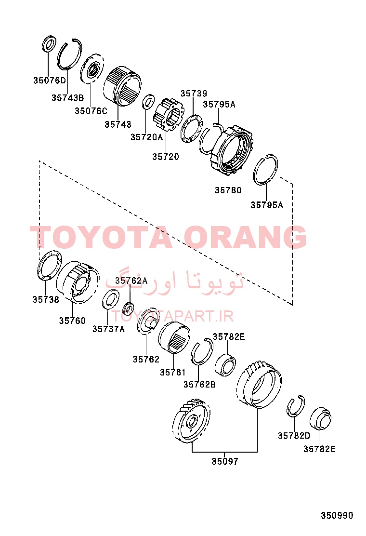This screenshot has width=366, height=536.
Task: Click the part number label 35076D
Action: pyautogui.click(x=50, y=80)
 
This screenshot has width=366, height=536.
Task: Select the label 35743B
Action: pyautogui.click(x=67, y=97)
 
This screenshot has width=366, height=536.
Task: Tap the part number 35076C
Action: pyautogui.click(x=91, y=111)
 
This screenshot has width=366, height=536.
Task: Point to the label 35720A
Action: pyautogui.click(x=147, y=137)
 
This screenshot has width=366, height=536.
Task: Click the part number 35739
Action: pyautogui.click(x=194, y=94)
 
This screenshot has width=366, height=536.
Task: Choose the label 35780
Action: pyautogui.click(x=228, y=190)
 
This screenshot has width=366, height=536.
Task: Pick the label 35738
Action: pyautogui.click(x=46, y=299)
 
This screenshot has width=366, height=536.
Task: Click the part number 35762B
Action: pyautogui.click(x=200, y=385)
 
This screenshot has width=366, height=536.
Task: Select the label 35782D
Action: pyautogui.click(x=294, y=436)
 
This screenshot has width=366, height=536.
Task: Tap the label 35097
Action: pyautogui.click(x=224, y=461)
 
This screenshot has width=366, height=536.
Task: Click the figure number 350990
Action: pyautogui.click(x=337, y=515)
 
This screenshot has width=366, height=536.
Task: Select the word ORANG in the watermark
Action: pyautogui.click(x=245, y=237)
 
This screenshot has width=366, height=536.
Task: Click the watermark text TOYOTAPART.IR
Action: pyautogui.click(x=173, y=317)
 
